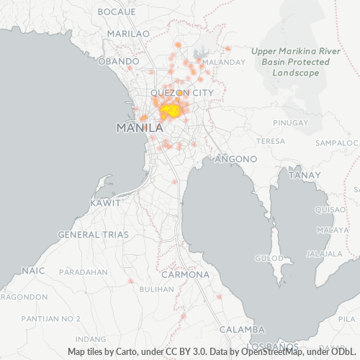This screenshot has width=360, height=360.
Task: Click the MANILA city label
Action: tap(139, 127)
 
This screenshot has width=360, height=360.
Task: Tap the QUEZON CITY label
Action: tap(181, 93)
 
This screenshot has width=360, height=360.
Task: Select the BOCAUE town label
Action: tap(116, 12)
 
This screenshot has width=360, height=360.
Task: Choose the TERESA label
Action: tap(271, 141)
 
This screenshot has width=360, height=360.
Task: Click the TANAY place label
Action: tap(304, 175)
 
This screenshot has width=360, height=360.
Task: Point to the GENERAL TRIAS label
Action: tap(93, 235)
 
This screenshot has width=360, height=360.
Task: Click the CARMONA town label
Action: tap(184, 275)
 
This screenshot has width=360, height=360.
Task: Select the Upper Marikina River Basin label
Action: tap(291, 62)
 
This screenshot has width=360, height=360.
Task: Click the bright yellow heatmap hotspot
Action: tap(171, 112)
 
